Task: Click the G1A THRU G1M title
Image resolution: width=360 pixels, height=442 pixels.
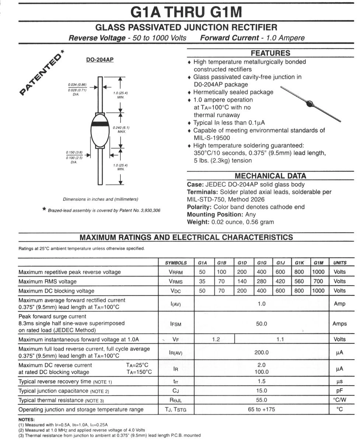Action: coord(187,13)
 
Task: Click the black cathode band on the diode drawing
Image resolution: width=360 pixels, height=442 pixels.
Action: coord(100,124)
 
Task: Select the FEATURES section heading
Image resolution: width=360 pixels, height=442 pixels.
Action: coord(270,53)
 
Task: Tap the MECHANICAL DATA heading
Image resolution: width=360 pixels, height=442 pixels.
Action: coord(270,176)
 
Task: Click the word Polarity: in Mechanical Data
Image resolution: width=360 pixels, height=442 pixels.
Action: coord(199,207)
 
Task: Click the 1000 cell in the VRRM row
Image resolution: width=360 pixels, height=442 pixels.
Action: coord(318,272)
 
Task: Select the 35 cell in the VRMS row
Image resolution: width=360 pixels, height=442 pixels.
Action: coord(202,281)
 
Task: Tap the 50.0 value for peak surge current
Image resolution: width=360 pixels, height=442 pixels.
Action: coord(261,324)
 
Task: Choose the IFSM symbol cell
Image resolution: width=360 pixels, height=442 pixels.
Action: coord(176,324)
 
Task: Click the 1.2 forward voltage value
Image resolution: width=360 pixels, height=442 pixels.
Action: coord(216,339)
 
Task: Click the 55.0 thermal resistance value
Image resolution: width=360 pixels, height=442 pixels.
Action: coord(261,400)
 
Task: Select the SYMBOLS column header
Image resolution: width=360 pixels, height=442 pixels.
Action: coord(176,263)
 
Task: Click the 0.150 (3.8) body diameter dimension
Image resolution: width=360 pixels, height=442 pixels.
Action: coord(74,152)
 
